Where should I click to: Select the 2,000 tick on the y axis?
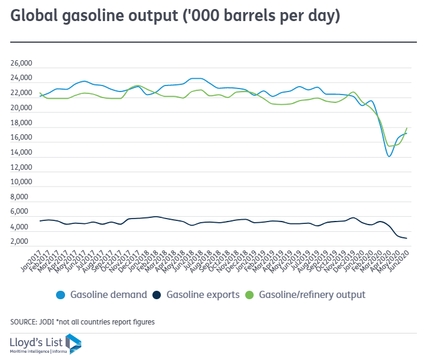point(23,241)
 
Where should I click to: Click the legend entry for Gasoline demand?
point(108,295)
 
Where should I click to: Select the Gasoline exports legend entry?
point(203,295)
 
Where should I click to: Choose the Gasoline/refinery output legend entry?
point(312,295)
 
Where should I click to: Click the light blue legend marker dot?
point(60,295)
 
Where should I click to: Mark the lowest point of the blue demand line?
point(389,157)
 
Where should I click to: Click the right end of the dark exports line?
point(407,238)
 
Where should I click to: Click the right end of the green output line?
point(407,128)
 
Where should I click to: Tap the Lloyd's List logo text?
point(37,341)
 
